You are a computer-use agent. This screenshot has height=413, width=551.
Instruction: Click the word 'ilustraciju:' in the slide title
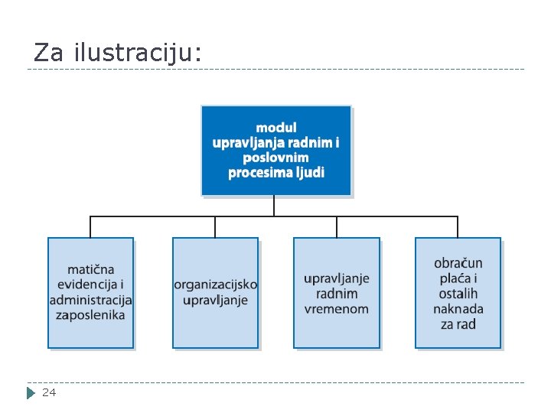139,52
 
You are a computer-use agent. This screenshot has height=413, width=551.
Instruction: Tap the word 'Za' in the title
49,52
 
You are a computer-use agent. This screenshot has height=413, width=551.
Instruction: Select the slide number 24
49,392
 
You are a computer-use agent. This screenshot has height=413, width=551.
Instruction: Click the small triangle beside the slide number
31,393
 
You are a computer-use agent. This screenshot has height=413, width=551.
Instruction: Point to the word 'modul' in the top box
276,128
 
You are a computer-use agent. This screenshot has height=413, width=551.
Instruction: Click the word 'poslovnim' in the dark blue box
276,157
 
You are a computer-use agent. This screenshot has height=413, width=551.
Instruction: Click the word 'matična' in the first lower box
90,269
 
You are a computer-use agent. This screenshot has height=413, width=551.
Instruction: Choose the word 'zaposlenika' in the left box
91,315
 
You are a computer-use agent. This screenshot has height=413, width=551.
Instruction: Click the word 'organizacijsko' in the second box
216,285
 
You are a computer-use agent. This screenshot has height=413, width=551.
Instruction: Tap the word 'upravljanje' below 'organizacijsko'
215,300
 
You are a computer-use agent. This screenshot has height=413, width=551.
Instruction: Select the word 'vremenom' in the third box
337,309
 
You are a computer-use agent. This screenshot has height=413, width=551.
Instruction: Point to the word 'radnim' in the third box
337,294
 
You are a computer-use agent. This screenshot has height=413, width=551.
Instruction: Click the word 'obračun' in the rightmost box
458,263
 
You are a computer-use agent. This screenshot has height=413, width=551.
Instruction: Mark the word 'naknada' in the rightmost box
458,309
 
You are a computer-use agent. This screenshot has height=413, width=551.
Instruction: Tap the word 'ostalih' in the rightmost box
458,294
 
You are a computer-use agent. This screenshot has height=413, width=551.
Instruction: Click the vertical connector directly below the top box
274,206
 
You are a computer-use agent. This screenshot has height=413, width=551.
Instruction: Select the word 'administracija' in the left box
91,300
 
